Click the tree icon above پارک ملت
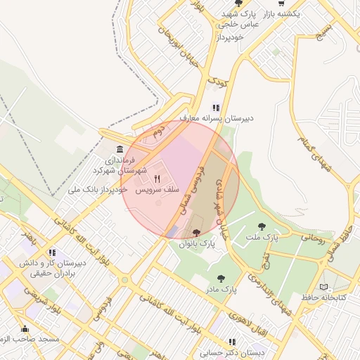[x=262, y=226]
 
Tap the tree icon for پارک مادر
[x=221, y=278]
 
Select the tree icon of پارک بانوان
[x=195, y=233]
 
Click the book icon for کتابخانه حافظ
[x=323, y=287]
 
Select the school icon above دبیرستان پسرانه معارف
[x=216, y=108]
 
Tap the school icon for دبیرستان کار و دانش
[x=51, y=252]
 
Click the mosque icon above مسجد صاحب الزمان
[x=25, y=328]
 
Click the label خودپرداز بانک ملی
[x=98, y=190]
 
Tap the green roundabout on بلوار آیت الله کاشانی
[x=124, y=280]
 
